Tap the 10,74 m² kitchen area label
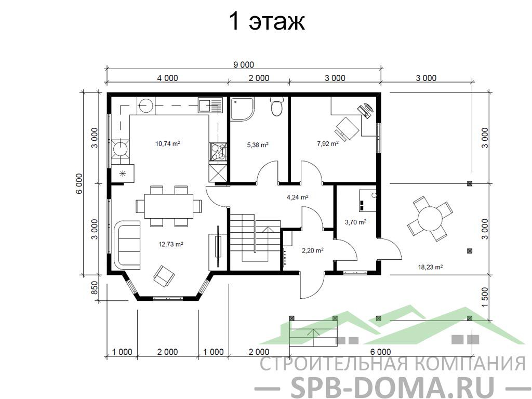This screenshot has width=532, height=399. coord(168,143)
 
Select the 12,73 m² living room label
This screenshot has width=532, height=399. coord(171,244)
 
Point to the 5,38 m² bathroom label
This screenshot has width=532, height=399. coord(258,145)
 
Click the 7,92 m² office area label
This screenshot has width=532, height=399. coord(328,143)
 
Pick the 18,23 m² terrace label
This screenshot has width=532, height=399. coord(430,267)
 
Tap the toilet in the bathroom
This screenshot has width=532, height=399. coord(277,106)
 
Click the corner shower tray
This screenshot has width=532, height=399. coord(242,109)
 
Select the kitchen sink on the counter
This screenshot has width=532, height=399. coord(210,105)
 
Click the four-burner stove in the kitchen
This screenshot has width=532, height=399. coord(218,152)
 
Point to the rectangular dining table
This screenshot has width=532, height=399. coord(169,206)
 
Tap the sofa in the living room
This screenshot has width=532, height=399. coord(128,245)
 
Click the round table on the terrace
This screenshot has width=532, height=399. coord(430,219)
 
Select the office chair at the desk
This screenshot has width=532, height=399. coord(346,129)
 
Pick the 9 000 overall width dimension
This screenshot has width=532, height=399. coord(243,64)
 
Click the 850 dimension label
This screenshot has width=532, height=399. coord(95,288)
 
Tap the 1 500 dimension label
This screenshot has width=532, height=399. coord(485,298)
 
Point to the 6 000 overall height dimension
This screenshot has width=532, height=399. coord(79,183)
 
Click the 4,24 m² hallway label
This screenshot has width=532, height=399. coord(298,197)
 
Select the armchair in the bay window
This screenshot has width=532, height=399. coord(164,275)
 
